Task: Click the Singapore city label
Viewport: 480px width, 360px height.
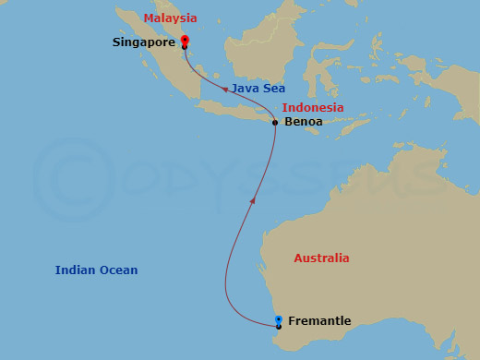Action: click(145, 42)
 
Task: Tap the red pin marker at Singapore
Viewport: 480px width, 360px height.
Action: click(185, 40)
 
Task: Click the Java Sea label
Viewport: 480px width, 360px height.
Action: click(258, 89)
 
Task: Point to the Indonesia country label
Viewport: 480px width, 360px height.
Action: click(313, 108)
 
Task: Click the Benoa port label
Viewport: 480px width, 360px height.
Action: click(304, 122)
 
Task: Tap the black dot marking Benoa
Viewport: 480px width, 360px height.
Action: click(275, 123)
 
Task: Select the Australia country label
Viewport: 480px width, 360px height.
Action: click(321, 258)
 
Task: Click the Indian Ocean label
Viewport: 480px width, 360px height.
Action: click(96, 270)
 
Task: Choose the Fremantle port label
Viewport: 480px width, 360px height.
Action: click(319, 321)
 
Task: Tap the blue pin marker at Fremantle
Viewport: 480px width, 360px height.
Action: click(279, 320)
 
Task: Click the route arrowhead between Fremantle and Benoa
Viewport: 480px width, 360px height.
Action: click(253, 199)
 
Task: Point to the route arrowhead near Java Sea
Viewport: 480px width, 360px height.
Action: click(224, 89)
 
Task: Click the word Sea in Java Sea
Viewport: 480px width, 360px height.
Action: click(273, 89)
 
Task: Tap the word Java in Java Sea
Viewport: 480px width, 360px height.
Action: click(245, 89)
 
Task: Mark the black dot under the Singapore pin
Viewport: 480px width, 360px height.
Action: click(185, 47)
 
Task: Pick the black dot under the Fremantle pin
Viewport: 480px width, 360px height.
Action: click(279, 327)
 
